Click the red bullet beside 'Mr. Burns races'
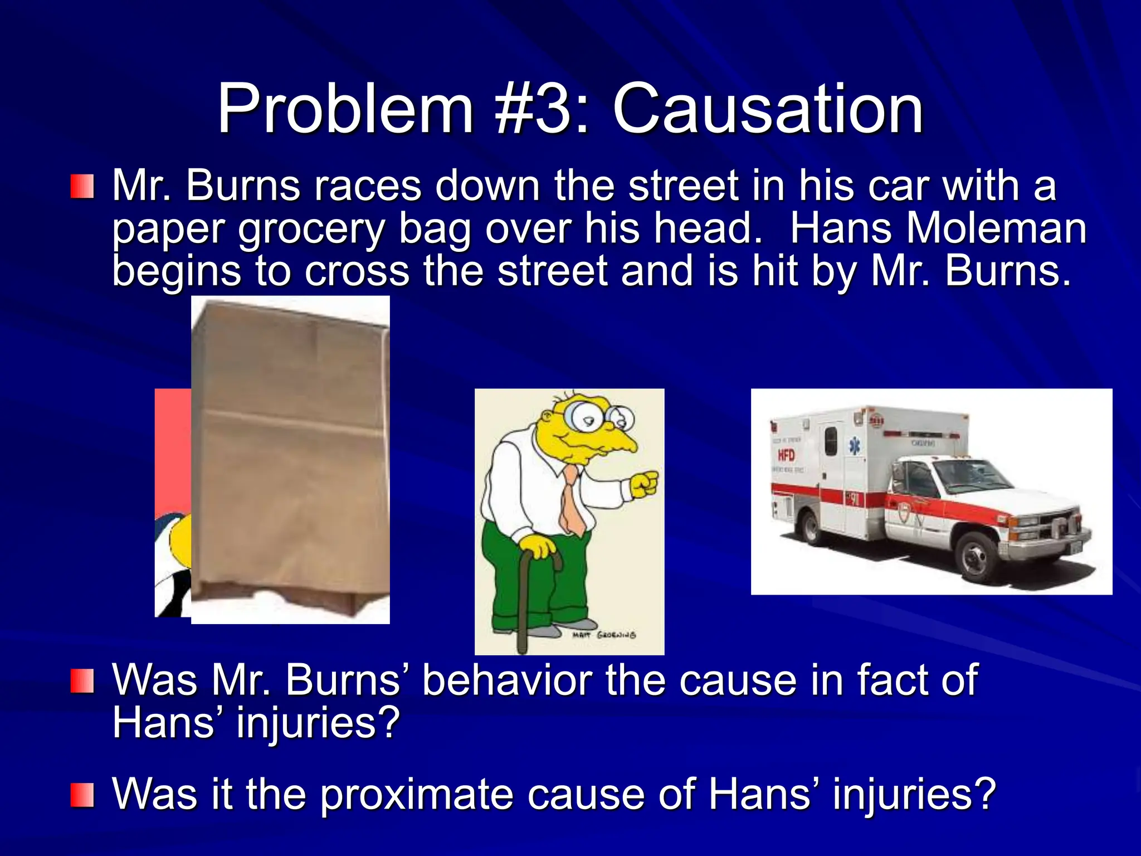coord(82,187)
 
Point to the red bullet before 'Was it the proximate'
coord(82,795)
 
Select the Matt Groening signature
coord(604,635)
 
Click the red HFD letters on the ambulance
coord(786,455)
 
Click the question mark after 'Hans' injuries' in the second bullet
coord(388,723)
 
